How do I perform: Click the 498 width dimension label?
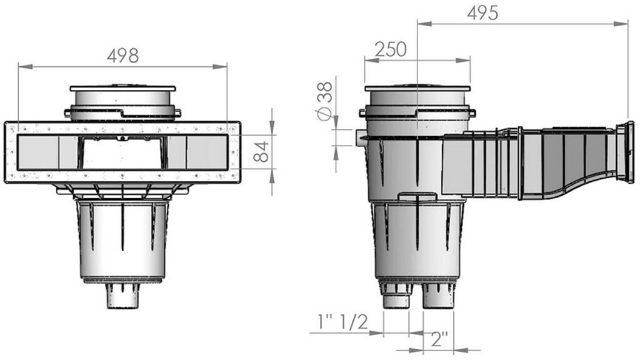tap(123, 56)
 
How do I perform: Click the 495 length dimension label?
tap(483, 13)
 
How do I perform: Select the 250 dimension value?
tap(391, 49)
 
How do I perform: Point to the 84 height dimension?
tap(261, 151)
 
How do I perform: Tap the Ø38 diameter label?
tap(325, 101)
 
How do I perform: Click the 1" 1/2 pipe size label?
tap(342, 322)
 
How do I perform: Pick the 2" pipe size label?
tap(439, 339)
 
